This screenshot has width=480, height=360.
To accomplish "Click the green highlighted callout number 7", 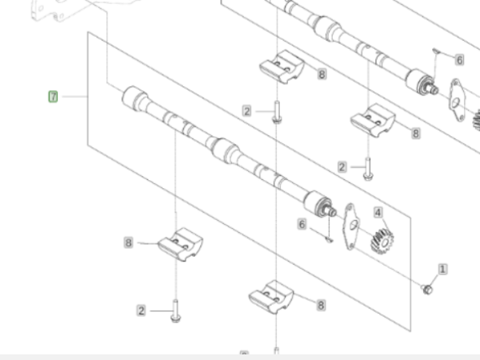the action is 53,97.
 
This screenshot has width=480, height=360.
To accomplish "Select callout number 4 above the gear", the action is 378,213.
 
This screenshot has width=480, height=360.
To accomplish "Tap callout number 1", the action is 442,269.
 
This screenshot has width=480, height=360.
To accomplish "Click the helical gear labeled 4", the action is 382,242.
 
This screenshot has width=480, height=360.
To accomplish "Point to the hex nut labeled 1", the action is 427,289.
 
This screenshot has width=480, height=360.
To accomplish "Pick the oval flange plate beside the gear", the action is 351,226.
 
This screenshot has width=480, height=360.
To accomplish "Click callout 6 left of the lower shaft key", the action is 302,224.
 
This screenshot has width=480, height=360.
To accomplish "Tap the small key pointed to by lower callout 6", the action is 329,239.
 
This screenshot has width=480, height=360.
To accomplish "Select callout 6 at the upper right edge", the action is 459,60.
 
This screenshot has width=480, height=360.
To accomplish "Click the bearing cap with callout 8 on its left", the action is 180,244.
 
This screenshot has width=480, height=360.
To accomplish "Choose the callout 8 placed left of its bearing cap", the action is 129,242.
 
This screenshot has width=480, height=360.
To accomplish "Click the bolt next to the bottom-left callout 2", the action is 175,310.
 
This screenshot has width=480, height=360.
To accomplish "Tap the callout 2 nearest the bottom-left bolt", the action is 141,311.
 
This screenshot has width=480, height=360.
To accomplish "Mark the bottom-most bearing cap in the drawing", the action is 271,297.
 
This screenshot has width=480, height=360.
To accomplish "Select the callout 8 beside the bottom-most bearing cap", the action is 321,306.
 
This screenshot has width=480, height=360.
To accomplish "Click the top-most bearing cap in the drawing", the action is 282,67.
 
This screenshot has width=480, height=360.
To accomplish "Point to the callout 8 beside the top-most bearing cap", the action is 322,74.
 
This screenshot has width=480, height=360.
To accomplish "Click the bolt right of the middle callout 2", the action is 277,112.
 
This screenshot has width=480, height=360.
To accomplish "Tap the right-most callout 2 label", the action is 342,167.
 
